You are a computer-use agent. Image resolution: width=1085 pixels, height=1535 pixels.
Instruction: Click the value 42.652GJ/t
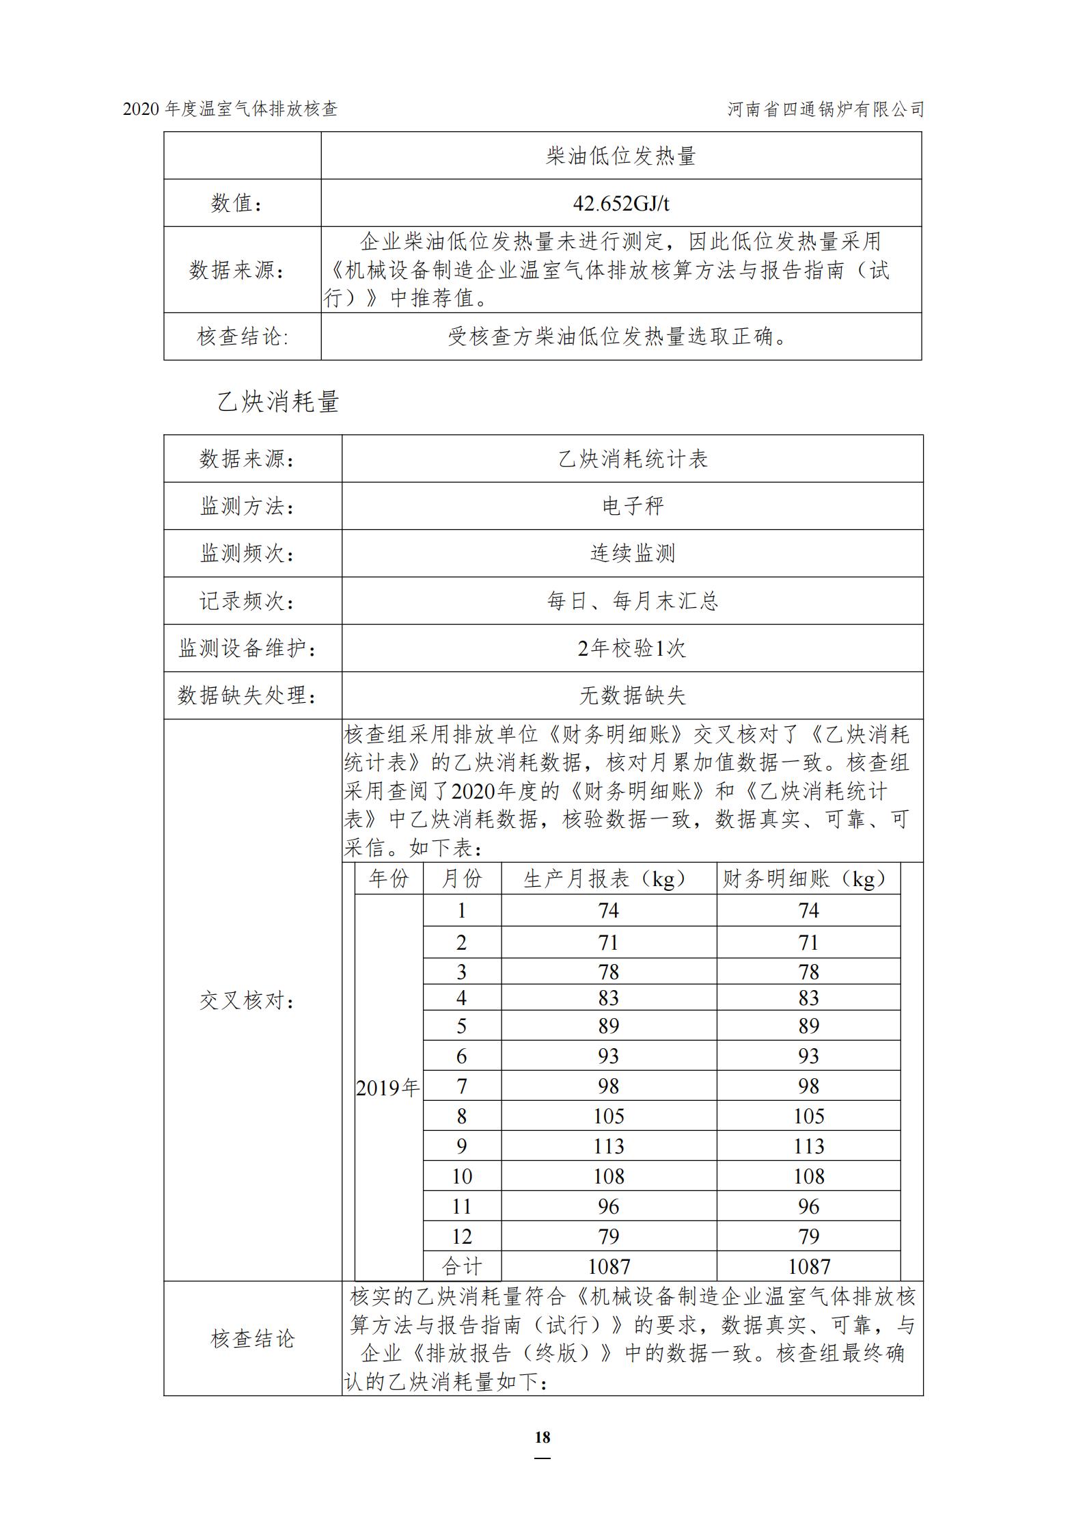pyautogui.click(x=620, y=203)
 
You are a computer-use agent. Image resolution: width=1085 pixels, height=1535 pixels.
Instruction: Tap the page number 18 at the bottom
pyautogui.click(x=542, y=1437)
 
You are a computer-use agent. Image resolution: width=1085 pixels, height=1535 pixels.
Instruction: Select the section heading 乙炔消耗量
pyautogui.click(x=278, y=401)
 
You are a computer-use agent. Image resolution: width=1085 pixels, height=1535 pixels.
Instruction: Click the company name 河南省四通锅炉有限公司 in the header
pyautogui.click(x=825, y=109)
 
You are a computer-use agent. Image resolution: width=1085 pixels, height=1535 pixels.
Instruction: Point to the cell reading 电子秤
pyautogui.click(x=632, y=506)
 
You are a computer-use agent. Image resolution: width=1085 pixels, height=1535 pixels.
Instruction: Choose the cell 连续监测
pyautogui.click(x=632, y=553)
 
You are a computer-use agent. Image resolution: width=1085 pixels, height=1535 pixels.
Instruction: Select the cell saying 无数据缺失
pyautogui.click(x=632, y=695)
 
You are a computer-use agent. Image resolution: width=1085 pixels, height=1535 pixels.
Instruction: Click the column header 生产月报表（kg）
pyautogui.click(x=608, y=879)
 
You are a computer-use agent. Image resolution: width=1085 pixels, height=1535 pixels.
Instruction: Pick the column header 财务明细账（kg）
pyautogui.click(x=808, y=879)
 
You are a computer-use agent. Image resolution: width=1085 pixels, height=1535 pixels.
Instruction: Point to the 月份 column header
pyautogui.click(x=462, y=879)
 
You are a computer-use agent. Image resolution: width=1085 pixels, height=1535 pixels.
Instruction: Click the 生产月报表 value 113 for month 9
pyautogui.click(x=608, y=1146)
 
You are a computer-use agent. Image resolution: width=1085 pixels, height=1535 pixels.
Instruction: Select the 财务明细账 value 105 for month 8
pyautogui.click(x=808, y=1116)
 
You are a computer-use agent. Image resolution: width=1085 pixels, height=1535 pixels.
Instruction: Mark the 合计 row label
pyautogui.click(x=462, y=1266)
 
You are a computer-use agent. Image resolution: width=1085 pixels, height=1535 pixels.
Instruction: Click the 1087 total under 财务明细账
pyautogui.click(x=808, y=1266)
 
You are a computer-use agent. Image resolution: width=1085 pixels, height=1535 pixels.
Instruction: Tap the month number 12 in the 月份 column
pyautogui.click(x=462, y=1236)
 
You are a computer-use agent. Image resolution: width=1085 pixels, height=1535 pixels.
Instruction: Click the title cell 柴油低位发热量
pyautogui.click(x=620, y=156)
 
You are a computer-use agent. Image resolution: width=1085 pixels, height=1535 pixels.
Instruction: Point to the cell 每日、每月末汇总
pyautogui.click(x=632, y=601)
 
